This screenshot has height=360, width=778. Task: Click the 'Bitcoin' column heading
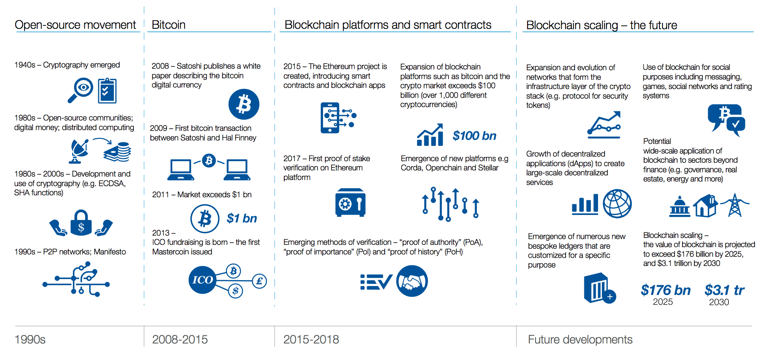(x=168, y=25)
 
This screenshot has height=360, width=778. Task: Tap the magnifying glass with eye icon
(x=81, y=90)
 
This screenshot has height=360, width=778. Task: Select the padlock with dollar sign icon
(x=81, y=223)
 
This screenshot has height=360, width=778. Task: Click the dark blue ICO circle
(x=202, y=280)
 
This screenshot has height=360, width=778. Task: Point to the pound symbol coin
(x=259, y=281)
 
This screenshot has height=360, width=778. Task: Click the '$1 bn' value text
(x=242, y=218)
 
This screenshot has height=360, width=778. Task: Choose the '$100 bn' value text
(x=474, y=136)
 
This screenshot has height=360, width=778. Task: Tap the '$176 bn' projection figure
(x=665, y=290)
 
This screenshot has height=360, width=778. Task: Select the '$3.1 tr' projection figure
(x=724, y=290)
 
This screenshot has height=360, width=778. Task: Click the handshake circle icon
(x=412, y=281)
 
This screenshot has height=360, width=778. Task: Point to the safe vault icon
(x=350, y=203)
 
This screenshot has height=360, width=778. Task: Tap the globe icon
(x=617, y=203)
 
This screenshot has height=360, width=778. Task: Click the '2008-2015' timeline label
(x=180, y=339)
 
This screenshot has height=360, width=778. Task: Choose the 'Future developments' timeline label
(x=580, y=339)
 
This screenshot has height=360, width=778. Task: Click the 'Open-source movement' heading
(x=75, y=25)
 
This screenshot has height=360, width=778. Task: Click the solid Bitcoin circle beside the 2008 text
(x=244, y=104)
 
